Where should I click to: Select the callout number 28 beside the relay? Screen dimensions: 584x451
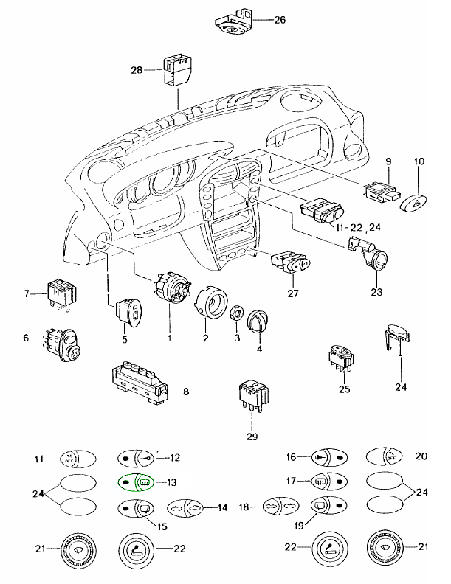[136, 70]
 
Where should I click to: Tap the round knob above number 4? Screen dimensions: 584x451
[260, 320]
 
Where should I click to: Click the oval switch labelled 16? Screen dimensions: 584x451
[328, 457]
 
